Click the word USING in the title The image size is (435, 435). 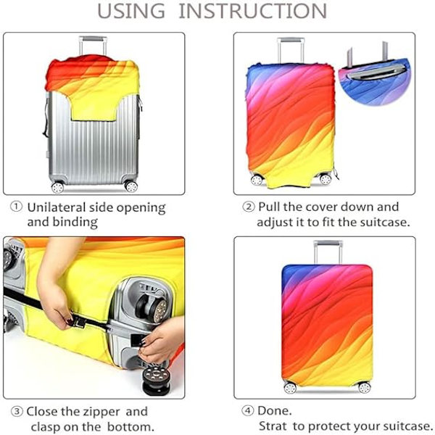pyautogui.click(x=131, y=11)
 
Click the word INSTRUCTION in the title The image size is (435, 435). pyautogui.click(x=253, y=11)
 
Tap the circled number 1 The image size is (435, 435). pyautogui.click(x=16, y=207)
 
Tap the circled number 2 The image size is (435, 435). pyautogui.click(x=248, y=207)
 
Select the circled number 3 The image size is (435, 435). pyautogui.click(x=17, y=411)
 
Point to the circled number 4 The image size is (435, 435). pyautogui.click(x=247, y=410)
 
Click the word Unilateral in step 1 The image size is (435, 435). pyautogui.click(x=57, y=207)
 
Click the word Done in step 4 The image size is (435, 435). pyautogui.click(x=273, y=410)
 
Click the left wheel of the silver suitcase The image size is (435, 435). pyautogui.click(x=57, y=187)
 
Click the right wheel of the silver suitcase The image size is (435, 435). pyautogui.click(x=130, y=186)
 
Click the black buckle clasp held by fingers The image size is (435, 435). pyautogui.click(x=79, y=323)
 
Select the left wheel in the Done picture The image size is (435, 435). pyautogui.click(x=290, y=388)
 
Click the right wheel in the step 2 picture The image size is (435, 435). pyautogui.click(x=325, y=179)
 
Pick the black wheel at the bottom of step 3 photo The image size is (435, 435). pyautogui.click(x=156, y=379)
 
